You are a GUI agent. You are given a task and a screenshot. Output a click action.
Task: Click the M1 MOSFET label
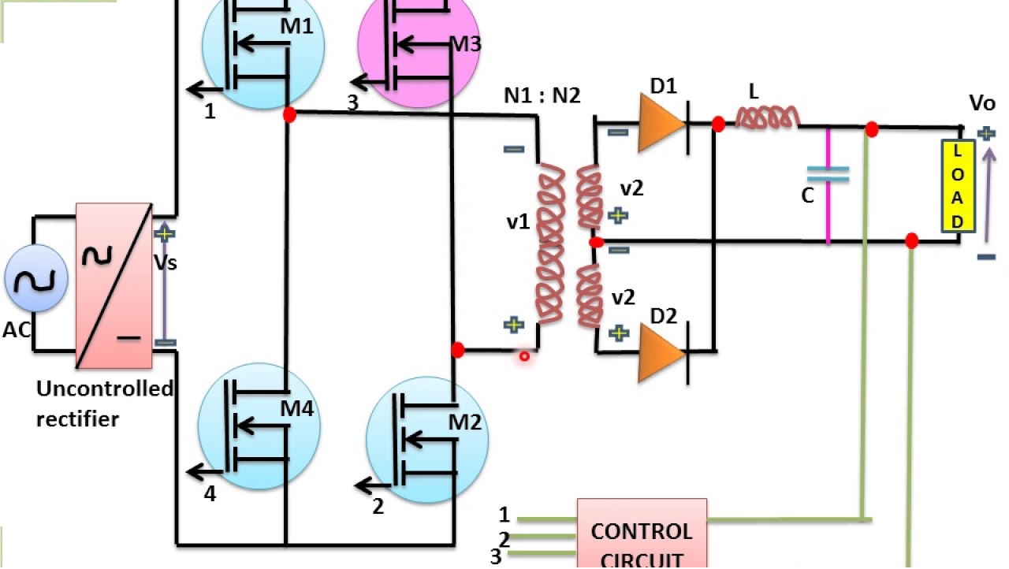297,27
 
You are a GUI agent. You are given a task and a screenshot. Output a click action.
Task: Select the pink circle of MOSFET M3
418,47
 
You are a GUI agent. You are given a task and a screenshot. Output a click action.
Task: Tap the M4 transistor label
297,408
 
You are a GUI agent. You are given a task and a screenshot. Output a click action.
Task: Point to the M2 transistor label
465,422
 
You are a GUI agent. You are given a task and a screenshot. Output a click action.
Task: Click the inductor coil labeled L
765,118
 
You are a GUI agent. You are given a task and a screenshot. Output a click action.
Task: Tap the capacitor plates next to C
828,175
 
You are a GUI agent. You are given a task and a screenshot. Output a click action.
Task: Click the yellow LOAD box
958,187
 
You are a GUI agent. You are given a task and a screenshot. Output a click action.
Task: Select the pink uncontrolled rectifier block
114,285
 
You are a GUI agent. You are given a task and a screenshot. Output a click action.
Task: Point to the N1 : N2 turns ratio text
542,95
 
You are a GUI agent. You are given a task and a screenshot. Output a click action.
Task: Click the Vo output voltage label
981,104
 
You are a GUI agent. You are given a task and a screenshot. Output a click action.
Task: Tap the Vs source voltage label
166,262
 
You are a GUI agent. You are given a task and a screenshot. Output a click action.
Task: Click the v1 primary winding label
518,222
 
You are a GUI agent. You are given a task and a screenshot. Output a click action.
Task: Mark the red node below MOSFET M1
289,115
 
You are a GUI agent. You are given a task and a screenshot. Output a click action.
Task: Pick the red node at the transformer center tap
597,243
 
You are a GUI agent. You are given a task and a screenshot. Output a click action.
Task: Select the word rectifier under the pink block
77,419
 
